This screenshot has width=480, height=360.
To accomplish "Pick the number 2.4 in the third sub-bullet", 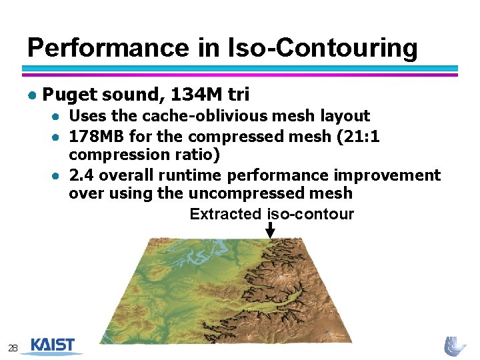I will coord(81,175).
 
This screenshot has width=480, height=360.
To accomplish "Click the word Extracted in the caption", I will coord(225,214).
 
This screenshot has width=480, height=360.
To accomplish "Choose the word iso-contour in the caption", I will coord(310,214).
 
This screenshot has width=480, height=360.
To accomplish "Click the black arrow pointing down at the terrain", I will coord(270,230).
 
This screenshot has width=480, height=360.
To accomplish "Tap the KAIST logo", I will coord(53,346).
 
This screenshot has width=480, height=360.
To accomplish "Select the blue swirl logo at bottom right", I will coord(455,345).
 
